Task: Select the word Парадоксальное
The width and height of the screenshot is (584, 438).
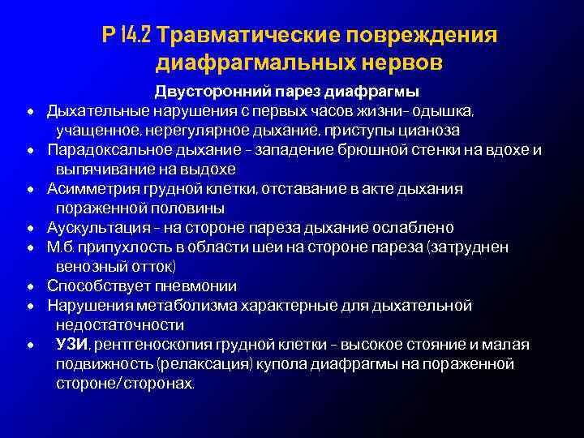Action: point(105,149)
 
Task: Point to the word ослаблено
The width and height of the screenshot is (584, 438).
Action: point(415,228)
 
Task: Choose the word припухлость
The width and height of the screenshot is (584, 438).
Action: point(122,247)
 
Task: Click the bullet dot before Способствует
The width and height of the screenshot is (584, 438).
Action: point(30,287)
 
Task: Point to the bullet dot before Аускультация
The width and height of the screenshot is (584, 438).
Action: point(30,229)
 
